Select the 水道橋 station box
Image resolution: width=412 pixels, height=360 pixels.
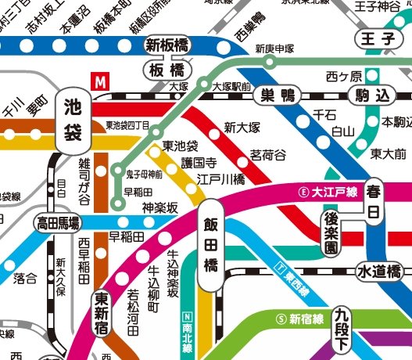(379, 272)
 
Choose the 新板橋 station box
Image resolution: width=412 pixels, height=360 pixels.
(167, 45)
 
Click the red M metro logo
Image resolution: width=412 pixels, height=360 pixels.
(100, 79)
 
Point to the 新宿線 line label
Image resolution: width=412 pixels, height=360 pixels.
(303, 319)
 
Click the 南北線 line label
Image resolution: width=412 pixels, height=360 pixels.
(186, 332)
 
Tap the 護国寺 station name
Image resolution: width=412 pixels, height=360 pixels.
(199, 163)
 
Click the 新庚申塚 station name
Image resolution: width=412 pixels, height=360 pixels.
(274, 49)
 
